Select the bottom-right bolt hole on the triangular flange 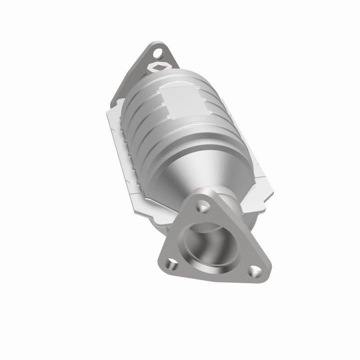[255, 270]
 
